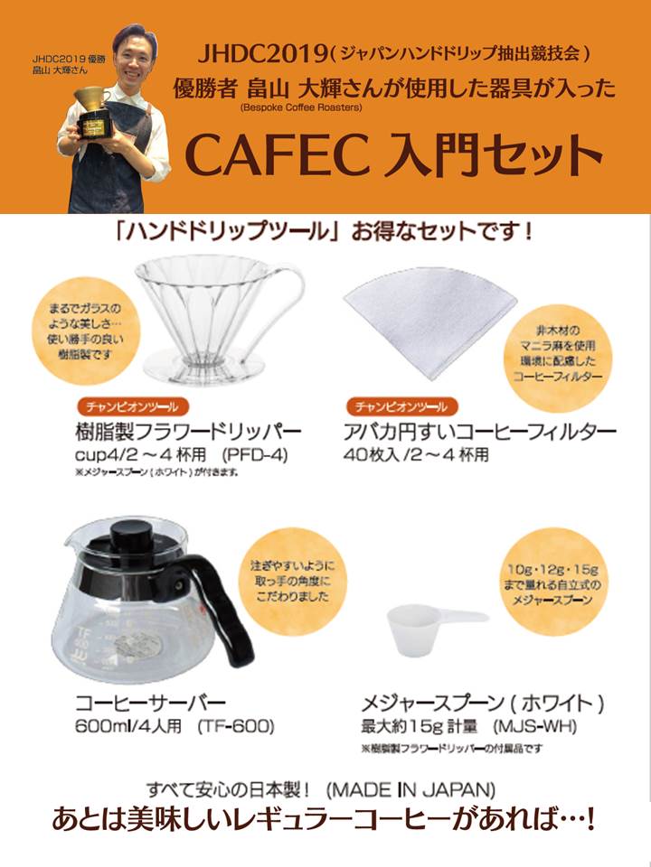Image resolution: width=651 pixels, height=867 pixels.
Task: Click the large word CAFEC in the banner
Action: click(278, 154)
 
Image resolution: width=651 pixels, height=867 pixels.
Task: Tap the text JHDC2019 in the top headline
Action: click(262, 54)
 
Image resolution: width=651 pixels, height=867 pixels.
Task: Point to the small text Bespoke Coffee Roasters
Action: click(301, 107)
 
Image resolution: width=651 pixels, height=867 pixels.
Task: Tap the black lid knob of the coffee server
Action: click(130, 533)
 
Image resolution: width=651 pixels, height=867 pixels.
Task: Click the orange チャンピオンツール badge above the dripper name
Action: click(132, 407)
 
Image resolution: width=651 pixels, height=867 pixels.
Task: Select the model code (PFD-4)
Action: click(255, 455)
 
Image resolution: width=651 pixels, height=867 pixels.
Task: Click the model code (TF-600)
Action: click(236, 725)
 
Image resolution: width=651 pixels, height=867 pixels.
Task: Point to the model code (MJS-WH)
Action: click(534, 725)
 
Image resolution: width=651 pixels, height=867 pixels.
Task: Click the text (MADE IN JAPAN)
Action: click(410, 789)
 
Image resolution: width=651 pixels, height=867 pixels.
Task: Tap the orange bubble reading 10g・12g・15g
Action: click(552, 583)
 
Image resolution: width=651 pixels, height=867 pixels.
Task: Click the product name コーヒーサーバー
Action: click(151, 703)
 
